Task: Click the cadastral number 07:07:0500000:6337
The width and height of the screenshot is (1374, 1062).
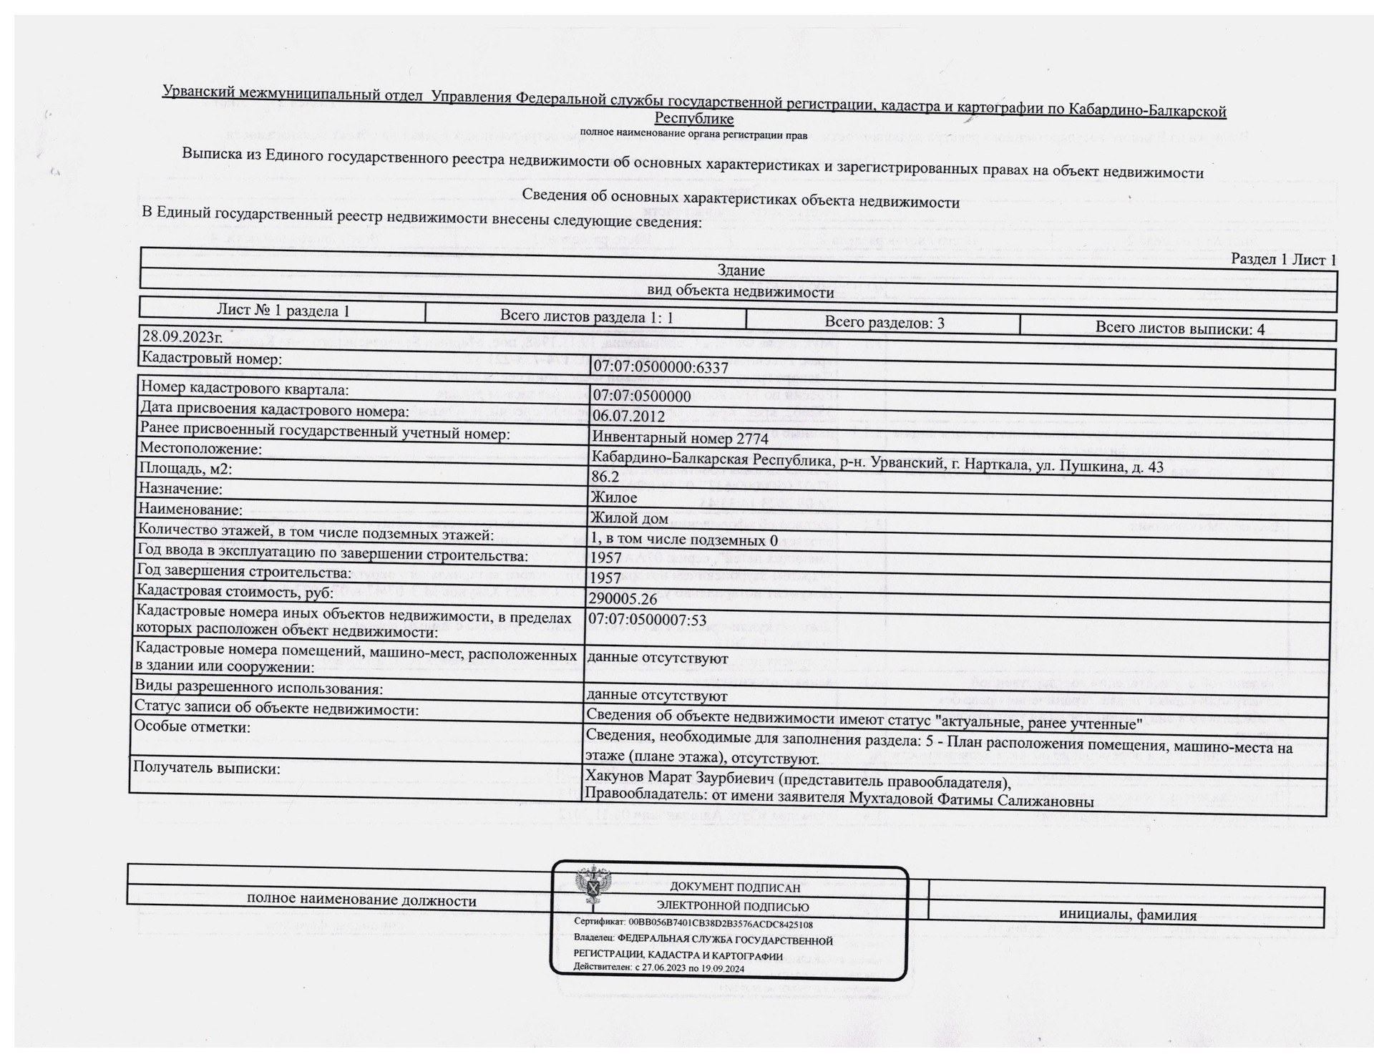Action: tap(661, 368)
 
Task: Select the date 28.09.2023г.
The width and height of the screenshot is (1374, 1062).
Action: tap(182, 337)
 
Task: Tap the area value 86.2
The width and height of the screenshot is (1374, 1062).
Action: tap(605, 477)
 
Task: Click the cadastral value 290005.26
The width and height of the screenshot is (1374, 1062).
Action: tap(623, 598)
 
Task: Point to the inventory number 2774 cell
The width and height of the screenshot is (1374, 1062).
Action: tap(680, 437)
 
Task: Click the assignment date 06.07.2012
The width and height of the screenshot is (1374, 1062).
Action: tap(629, 416)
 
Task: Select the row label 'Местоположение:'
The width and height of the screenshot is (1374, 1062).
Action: tap(201, 449)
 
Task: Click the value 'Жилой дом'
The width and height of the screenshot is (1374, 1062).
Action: tap(629, 518)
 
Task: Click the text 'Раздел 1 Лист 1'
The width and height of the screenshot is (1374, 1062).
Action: tap(1283, 260)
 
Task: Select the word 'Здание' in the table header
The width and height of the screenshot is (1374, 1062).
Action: tap(741, 271)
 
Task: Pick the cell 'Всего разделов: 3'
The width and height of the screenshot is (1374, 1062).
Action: tap(884, 323)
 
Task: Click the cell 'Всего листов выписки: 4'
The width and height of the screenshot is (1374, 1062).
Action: tap(1179, 328)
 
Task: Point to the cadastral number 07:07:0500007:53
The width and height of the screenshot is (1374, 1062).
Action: tap(647, 619)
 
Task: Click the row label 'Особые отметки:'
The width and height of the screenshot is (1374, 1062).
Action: tap(193, 727)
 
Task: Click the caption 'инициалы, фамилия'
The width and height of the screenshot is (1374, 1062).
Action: tap(1127, 915)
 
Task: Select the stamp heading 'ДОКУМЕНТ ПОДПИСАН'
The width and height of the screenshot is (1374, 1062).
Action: tap(735, 888)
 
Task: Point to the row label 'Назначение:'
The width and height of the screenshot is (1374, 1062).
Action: tap(180, 489)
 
